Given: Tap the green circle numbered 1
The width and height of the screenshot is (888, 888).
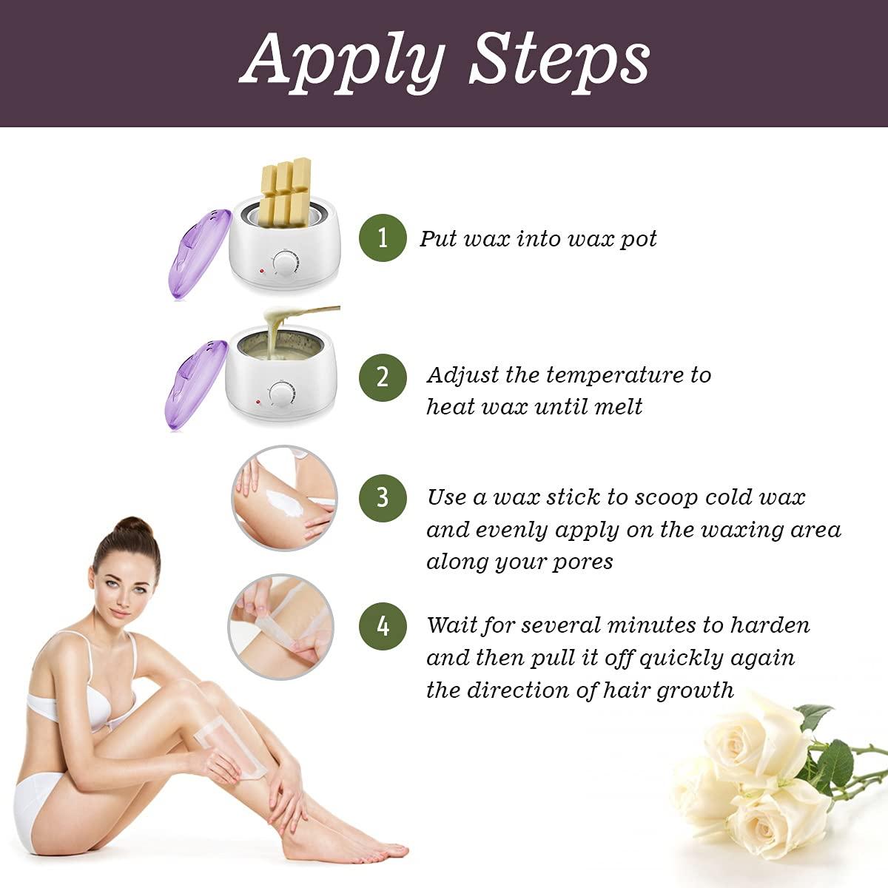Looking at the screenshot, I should [383, 238].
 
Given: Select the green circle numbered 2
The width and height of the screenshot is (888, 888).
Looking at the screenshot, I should [383, 377].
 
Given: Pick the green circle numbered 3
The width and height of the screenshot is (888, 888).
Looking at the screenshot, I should [383, 497].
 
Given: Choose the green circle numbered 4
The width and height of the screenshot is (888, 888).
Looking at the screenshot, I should [383, 626].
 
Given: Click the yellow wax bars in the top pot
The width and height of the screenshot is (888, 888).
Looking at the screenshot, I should [286, 189].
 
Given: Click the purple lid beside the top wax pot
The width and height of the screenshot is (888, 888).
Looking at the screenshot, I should [193, 250].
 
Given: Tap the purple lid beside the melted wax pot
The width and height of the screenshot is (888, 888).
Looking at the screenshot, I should [193, 386].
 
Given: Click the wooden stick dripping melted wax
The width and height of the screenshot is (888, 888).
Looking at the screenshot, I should [311, 312].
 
